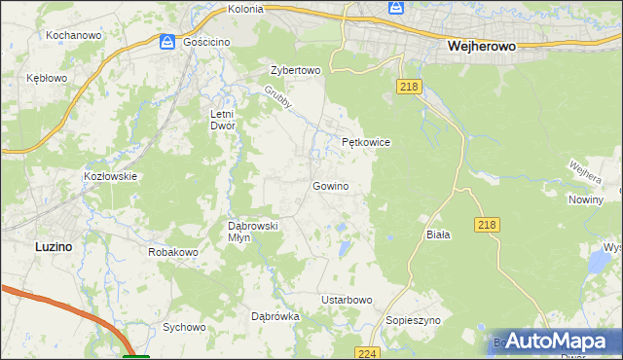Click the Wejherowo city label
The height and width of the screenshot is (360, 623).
tap(480, 46)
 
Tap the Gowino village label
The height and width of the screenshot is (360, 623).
tap(330, 186)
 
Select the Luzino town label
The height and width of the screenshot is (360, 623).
tap(53, 247)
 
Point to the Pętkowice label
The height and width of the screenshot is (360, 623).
tap(366, 142)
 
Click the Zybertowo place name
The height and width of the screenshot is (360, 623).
tap(295, 71)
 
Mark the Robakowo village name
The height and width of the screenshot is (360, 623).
tap(173, 252)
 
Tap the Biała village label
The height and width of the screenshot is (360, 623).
tap(438, 235)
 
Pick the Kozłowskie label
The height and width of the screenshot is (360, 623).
tap(110, 176)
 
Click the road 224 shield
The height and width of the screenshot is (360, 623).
tap(366, 353)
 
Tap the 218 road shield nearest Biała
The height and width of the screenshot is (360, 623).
tap(490, 225)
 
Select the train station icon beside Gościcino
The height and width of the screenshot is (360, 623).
tap(166, 42)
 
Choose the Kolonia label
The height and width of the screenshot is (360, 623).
tap(245, 9)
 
